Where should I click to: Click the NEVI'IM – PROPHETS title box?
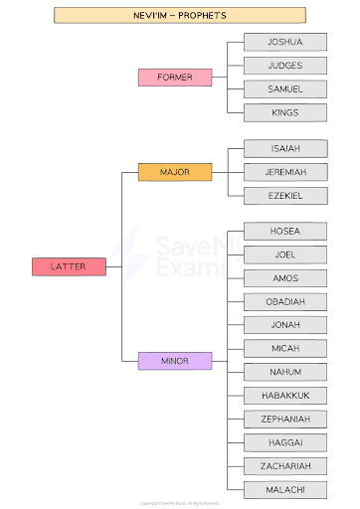tap(179, 15)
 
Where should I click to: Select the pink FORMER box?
tap(175, 77)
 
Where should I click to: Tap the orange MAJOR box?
tap(175, 173)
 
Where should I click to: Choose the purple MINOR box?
tap(175, 361)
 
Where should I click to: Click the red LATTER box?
tap(69, 266)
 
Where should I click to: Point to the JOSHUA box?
tap(285, 42)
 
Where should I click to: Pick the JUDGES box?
tap(285, 66)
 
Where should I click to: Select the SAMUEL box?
tap(285, 89)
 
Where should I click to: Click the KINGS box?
tap(285, 112)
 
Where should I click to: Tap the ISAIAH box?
tap(285, 148)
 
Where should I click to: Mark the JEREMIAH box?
tap(285, 172)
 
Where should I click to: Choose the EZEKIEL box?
tap(285, 196)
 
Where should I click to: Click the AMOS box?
tap(285, 278)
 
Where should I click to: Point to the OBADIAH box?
tap(285, 301)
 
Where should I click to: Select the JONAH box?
tap(285, 325)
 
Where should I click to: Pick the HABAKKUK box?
tap(285, 396)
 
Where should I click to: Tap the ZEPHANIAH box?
tap(285, 419)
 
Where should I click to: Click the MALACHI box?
tap(285, 489)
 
